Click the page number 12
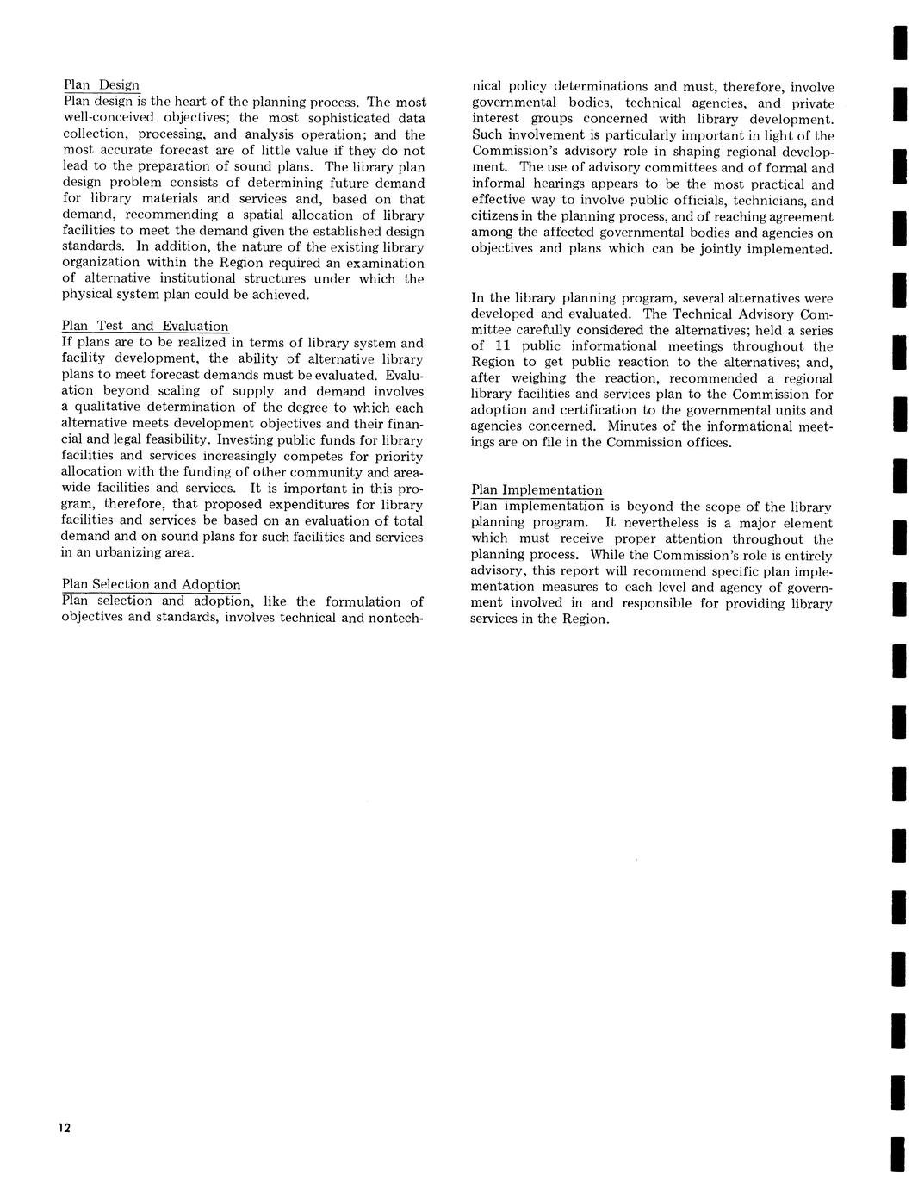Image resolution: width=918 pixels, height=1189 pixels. pos(65,1129)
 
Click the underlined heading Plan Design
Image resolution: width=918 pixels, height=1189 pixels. pos(102,84)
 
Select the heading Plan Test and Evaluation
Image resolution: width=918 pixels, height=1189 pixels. pos(146,326)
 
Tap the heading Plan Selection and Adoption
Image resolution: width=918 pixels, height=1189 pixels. pos(152,585)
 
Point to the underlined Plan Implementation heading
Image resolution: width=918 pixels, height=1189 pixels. pos(537,490)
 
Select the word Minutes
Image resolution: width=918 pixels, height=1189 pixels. pos(634,426)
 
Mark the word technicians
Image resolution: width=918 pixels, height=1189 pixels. pos(761,200)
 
